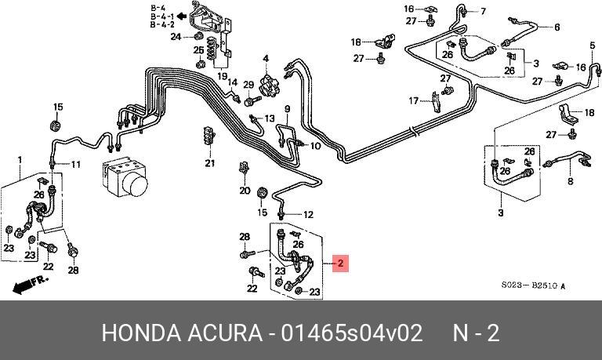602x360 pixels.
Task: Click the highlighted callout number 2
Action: [x=340, y=264]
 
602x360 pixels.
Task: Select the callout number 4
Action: [x=266, y=59]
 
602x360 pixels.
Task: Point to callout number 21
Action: [x=209, y=163]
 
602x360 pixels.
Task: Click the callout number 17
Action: [x=413, y=100]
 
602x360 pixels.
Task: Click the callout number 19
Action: [x=223, y=76]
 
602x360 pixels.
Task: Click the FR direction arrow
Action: [x=30, y=280]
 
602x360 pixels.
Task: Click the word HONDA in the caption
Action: [x=137, y=333]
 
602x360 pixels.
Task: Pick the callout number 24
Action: [x=176, y=36]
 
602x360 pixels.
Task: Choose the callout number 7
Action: [x=483, y=11]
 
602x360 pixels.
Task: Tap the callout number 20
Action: [x=244, y=191]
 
